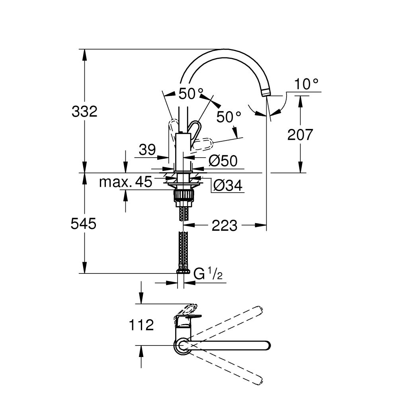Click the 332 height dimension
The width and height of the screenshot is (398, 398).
click(84, 111)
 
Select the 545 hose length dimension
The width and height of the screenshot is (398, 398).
click(84, 224)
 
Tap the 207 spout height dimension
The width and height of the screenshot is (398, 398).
click(300, 135)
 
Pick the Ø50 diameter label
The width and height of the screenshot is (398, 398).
click(223, 160)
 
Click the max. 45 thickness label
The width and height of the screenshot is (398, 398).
click(125, 182)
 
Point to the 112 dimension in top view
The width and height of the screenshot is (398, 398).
click(141, 325)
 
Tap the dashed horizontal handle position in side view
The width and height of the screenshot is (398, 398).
click(203, 143)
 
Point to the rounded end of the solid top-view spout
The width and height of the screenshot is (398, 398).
click(266, 345)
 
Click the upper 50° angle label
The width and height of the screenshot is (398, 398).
click(187, 94)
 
